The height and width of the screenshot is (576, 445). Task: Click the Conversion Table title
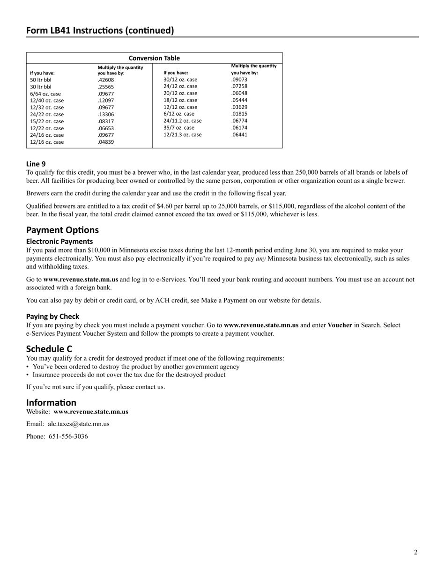coord(154,58)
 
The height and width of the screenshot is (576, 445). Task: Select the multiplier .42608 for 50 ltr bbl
coord(105,80)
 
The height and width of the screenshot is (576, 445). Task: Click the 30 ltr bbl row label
coord(41,87)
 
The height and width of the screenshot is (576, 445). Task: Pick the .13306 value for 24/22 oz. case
coord(105,114)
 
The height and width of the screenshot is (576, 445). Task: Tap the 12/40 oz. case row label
coord(47,101)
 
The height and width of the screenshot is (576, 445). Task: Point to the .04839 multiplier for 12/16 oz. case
coord(105,142)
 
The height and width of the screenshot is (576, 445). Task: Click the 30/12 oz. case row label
coord(180,80)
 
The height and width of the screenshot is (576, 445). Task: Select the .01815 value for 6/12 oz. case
coord(239,114)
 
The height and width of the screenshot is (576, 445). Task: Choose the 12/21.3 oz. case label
coord(182,135)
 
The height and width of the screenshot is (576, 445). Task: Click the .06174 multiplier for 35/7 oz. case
coord(239,128)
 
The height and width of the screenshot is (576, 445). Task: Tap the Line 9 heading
coord(36,164)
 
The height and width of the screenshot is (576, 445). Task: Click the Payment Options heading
coord(62,230)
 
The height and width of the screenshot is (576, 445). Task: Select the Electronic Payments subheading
coord(59,242)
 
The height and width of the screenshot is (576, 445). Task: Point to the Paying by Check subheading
coord(52,317)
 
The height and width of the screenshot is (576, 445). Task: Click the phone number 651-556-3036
coord(68,436)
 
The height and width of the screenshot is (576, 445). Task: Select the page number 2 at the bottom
coord(415,552)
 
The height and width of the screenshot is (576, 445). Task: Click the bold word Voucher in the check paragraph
coord(340,325)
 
